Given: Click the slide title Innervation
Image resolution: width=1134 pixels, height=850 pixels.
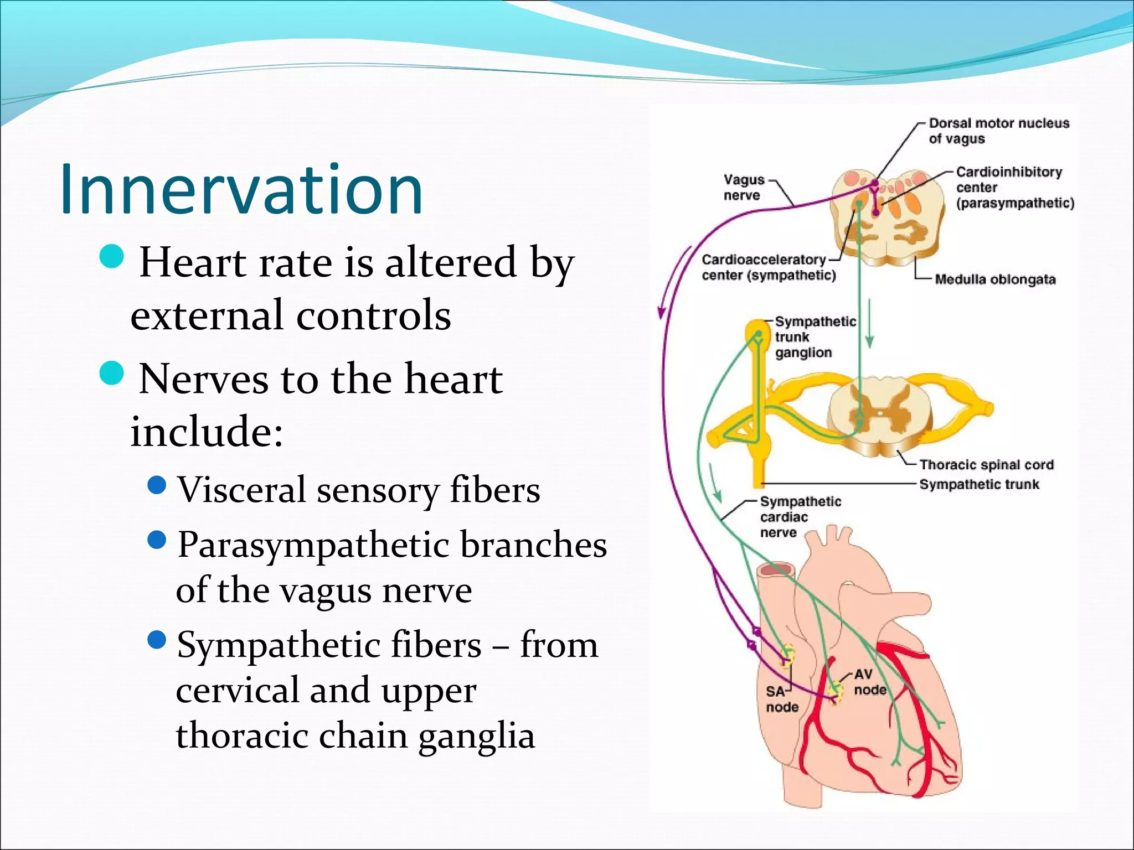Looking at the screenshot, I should (241, 189).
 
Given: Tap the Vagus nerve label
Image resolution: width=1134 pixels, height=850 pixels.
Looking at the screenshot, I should (743, 188).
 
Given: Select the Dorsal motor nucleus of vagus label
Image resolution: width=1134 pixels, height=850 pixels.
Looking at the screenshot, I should (998, 131).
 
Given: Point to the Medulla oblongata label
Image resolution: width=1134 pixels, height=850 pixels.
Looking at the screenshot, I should (994, 279).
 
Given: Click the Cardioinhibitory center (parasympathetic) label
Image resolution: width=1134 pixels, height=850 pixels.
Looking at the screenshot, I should (1014, 188).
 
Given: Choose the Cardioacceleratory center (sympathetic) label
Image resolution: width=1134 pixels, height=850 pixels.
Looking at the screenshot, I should (768, 267).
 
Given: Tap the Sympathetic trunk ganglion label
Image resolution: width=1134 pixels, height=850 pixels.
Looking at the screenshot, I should (814, 336).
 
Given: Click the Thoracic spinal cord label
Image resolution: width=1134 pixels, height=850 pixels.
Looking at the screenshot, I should (986, 465).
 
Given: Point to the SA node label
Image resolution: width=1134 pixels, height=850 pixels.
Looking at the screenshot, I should (781, 699).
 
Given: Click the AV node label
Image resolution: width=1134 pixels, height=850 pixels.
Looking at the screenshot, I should (869, 682).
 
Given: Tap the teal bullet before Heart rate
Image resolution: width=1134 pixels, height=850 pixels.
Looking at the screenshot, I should (112, 257).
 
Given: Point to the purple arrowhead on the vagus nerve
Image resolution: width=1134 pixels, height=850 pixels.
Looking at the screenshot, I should (661, 313).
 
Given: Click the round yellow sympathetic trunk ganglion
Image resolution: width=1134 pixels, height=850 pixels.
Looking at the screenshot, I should (756, 333).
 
